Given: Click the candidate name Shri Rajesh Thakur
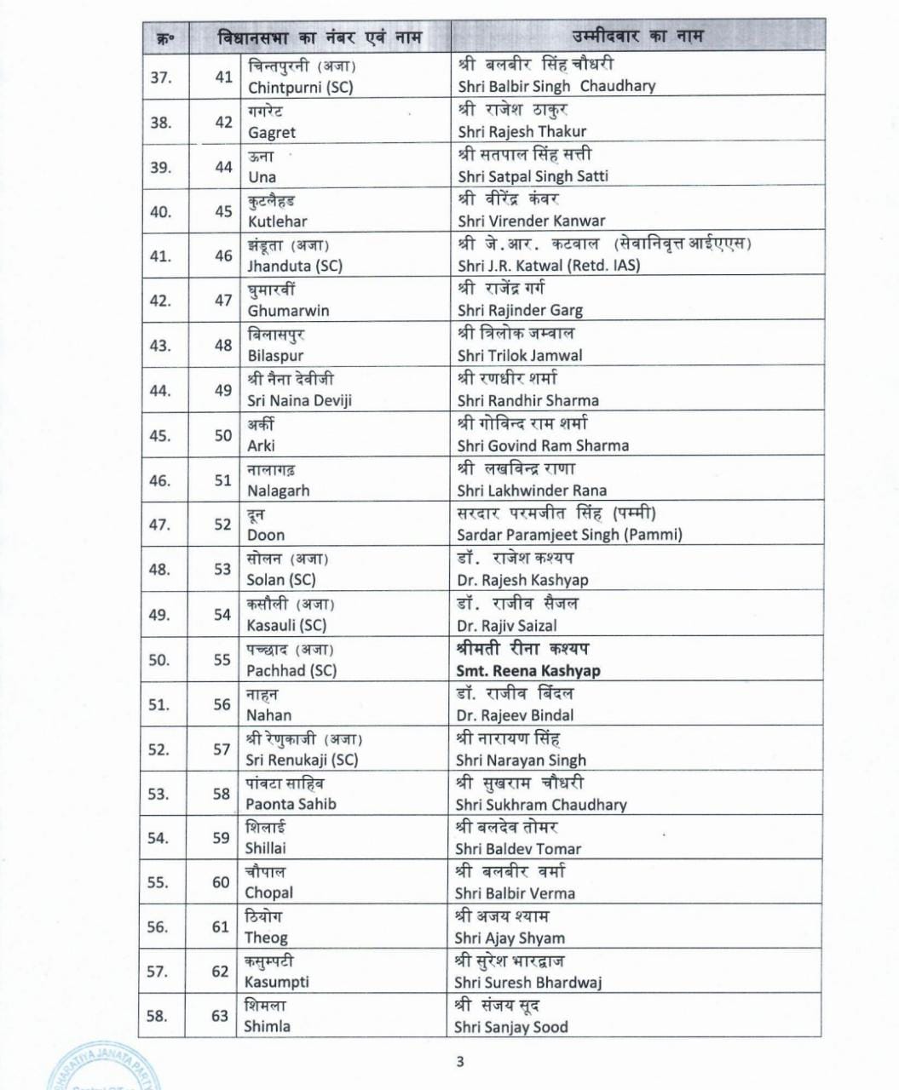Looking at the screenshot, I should coord(522,132).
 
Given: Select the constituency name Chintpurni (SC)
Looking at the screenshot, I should coord(300,87).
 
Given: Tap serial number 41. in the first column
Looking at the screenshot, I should coord(160,255).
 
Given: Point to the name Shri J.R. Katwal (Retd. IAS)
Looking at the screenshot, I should coord(549,265).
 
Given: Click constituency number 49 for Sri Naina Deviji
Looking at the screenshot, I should coord(223,390).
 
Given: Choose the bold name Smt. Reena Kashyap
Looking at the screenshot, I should coord(527,670).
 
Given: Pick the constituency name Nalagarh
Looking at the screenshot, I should coord(278,490).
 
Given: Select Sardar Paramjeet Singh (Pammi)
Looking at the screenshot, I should coord(569,535).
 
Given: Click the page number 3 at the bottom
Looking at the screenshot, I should coord(460,1061).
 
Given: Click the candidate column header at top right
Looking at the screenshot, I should coord(637,36).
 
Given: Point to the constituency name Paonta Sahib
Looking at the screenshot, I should coord(291,804).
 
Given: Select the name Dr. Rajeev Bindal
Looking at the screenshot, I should coord(515,715).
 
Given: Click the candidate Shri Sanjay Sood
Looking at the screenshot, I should coord(511,1027).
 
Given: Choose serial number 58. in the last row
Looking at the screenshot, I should coord(158,1016).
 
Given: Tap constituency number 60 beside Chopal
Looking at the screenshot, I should coord(222,882).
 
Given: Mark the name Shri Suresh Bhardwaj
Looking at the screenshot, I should coord(527,982).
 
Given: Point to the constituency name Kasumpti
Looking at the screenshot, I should coord(276,982).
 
